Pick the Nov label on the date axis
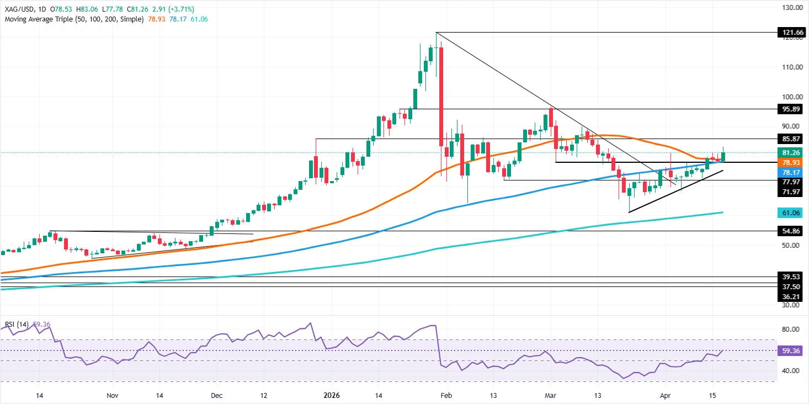tap(112, 395)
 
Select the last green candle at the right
tap(723, 157)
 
